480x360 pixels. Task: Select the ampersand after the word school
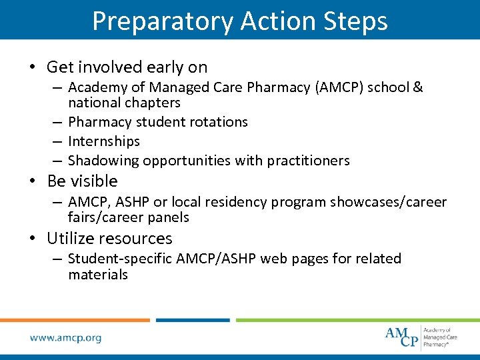click(x=418, y=87)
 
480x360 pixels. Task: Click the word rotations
click(x=215, y=122)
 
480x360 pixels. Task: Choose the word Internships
click(x=104, y=141)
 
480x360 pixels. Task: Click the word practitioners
click(x=308, y=161)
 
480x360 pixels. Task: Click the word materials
click(x=97, y=275)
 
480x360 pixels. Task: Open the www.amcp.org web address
click(x=65, y=338)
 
